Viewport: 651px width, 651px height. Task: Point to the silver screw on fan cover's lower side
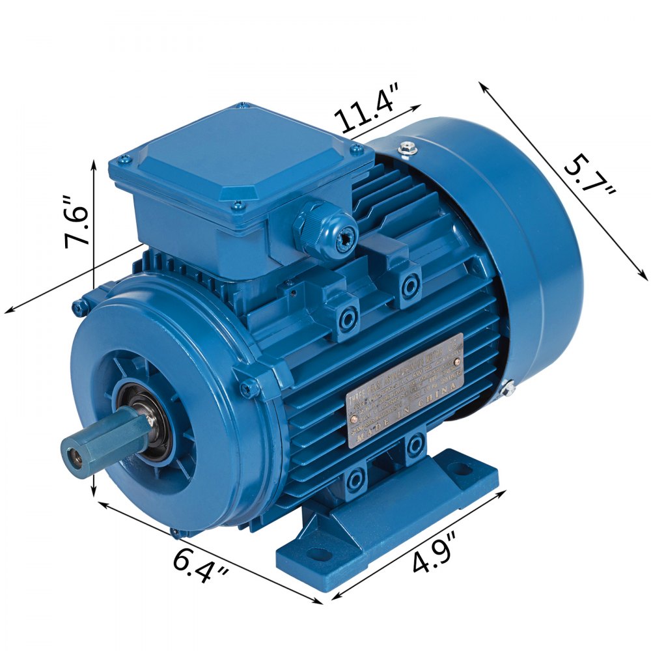(x=508, y=389)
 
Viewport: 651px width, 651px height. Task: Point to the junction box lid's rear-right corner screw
(x=357, y=150)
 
